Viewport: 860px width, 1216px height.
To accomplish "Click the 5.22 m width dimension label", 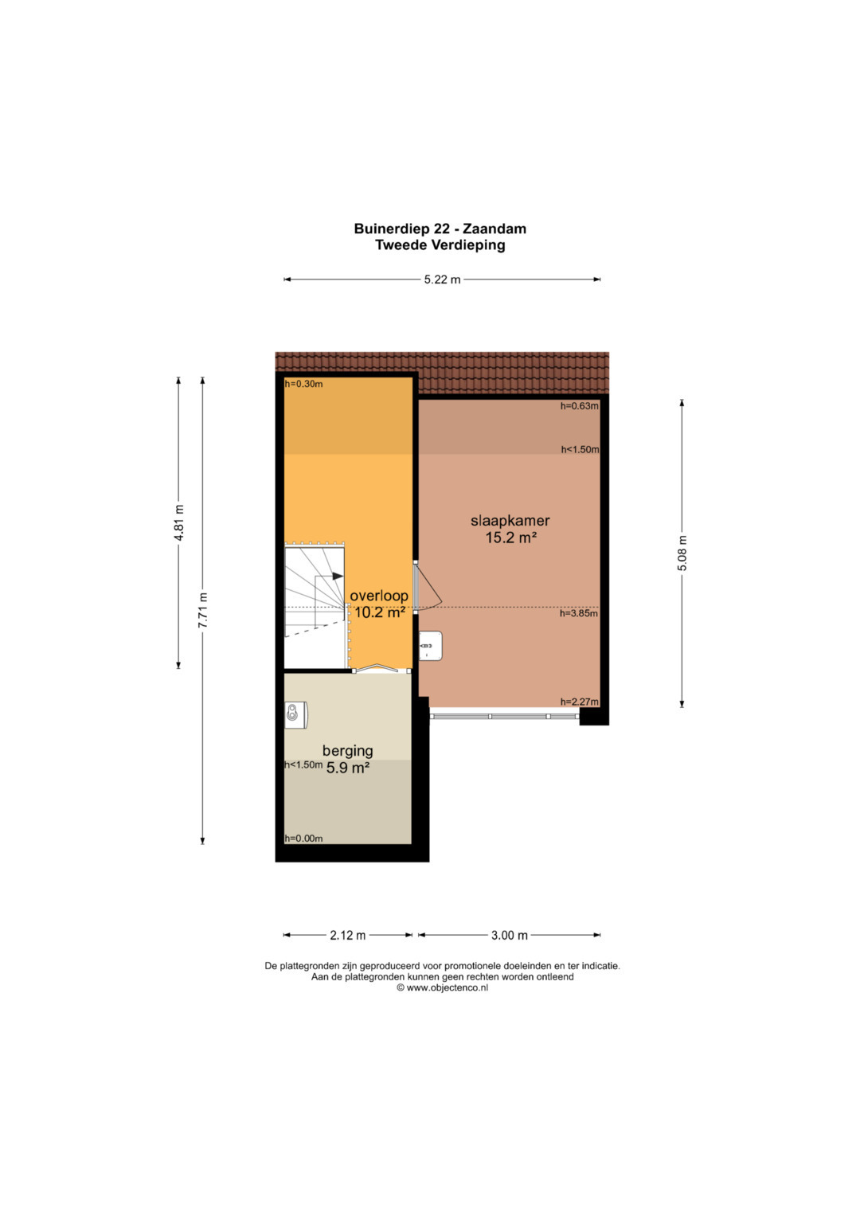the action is click(x=442, y=280).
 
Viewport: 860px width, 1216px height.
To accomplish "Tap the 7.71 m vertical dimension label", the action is click(x=202, y=610).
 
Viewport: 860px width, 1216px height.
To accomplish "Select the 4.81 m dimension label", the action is click(x=178, y=522).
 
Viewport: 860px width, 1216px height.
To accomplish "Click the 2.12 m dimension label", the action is click(x=347, y=936).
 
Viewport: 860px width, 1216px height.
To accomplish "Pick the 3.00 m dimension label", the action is click(x=510, y=936).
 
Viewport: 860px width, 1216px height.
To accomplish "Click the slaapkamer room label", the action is click(x=510, y=521).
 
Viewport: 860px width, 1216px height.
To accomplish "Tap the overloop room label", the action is click(x=378, y=596).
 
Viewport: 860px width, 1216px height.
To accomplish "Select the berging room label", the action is click(x=347, y=751).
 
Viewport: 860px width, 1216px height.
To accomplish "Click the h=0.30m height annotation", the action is click(x=303, y=385).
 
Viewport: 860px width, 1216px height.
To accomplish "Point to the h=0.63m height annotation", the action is click(x=580, y=406).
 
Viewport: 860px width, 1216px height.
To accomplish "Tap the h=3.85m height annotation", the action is click(x=579, y=613).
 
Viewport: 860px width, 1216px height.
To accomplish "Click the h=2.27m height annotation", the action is click(x=580, y=702).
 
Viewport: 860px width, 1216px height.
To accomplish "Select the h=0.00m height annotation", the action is click(x=303, y=839).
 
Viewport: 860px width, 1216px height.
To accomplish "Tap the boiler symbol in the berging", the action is click(x=296, y=715).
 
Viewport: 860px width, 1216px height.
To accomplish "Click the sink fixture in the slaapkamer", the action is click(x=431, y=646).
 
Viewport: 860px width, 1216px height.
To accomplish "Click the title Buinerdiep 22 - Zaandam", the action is click(x=440, y=229).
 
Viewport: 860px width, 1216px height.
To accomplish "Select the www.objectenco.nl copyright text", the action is click(x=442, y=988).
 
